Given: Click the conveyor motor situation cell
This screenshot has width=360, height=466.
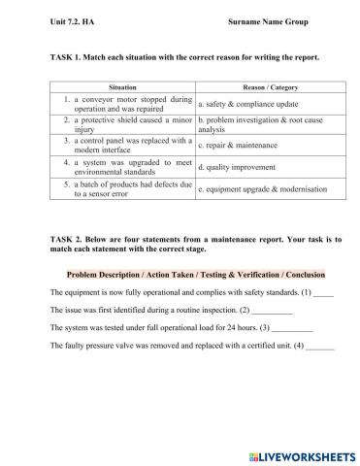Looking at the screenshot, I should click(x=127, y=104).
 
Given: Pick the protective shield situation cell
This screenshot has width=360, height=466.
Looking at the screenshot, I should click(x=127, y=124).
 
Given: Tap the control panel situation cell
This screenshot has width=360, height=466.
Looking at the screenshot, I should click(x=127, y=146).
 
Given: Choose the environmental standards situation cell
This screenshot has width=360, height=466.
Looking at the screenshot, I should click(x=127, y=167).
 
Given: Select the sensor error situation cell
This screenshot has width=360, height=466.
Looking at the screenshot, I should click(x=127, y=188).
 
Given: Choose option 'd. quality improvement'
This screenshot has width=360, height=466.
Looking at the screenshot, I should click(x=236, y=167).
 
